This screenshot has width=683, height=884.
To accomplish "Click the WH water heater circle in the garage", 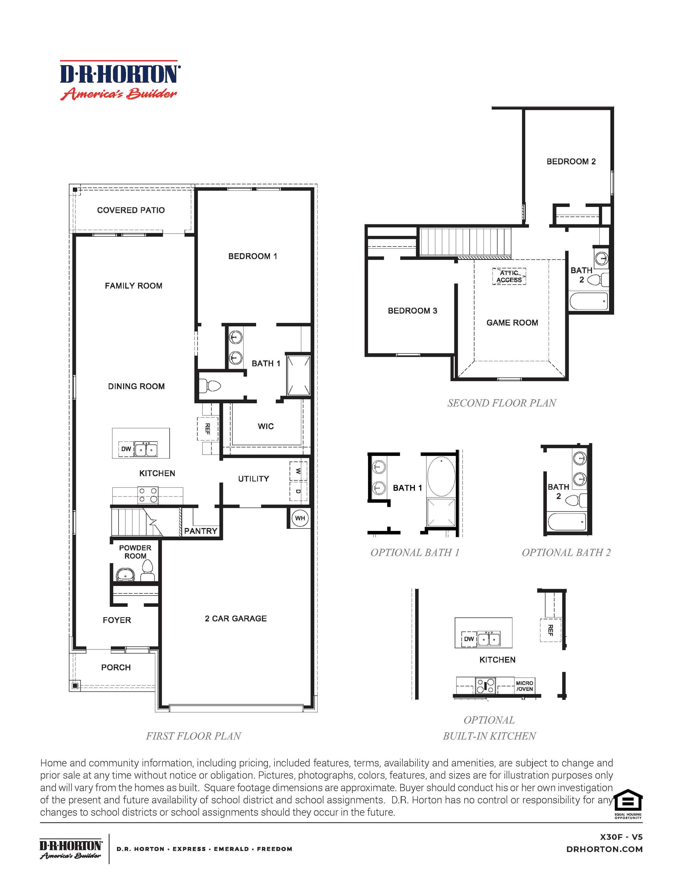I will coord(300,518).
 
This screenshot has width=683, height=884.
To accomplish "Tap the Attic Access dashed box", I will coord(509,276).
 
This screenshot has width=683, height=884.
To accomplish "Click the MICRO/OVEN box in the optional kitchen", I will coord(524,686).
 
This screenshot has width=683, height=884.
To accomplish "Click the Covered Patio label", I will coord(131,210).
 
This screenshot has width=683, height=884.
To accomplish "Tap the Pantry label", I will coord(201,531).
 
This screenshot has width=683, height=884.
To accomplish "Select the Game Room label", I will coord(512,323).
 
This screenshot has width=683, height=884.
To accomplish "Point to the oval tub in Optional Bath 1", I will coord(441,476).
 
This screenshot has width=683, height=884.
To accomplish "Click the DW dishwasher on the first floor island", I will coord(126,449).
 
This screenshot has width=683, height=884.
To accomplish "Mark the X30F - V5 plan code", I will coord(621,837).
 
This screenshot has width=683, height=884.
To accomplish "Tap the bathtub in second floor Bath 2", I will coord(589,301).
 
